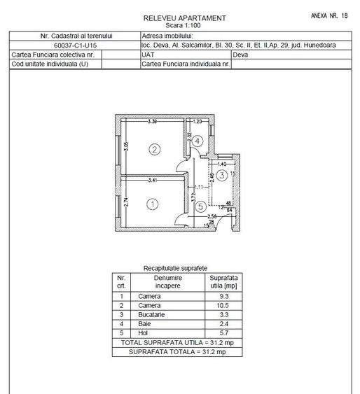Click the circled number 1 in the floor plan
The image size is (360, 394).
154,204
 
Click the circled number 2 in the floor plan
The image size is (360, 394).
155,148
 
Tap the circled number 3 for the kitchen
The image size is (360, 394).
221,175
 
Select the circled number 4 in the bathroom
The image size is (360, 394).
199,141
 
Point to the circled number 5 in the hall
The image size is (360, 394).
200,206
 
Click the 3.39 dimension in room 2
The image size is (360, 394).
152,122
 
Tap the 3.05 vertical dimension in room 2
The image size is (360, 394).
125,148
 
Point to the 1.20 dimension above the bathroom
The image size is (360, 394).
198,122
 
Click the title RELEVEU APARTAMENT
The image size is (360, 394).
185,17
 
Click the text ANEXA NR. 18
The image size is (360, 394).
328,14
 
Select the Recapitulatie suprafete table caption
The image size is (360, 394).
175,268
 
